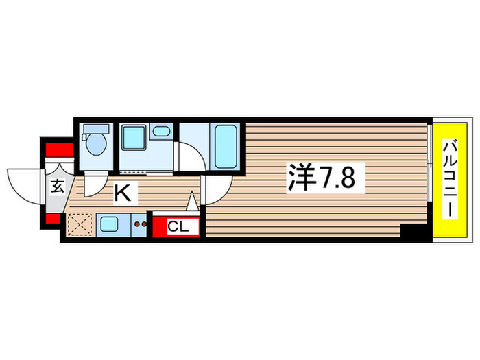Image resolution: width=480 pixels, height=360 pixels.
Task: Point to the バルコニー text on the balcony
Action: [x=450, y=180]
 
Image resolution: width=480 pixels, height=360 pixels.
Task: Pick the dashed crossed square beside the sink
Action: [x=80, y=224]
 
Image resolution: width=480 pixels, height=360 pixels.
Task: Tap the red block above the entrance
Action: [x=59, y=150]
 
